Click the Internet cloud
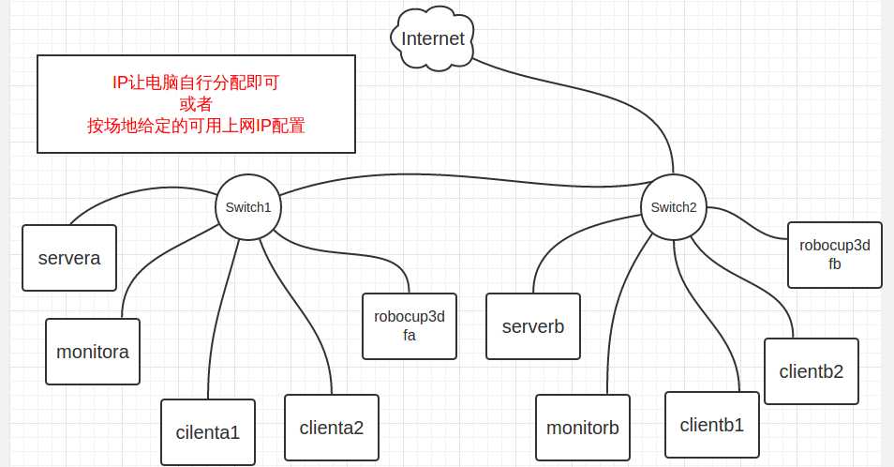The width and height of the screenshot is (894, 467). tap(433, 39)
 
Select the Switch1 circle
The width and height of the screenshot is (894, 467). tap(248, 207)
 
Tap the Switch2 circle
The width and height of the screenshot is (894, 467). tap(674, 207)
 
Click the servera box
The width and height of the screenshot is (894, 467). tap(69, 258)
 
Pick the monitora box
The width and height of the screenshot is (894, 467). tap(93, 352)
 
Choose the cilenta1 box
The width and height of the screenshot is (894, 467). tap(208, 432)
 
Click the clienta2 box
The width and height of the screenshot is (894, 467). tap(332, 428)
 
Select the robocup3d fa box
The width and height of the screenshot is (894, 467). tap(409, 326)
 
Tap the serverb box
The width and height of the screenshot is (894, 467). tap(533, 326)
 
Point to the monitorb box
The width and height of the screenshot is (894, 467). tap(583, 428)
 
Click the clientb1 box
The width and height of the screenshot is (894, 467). tap(712, 425)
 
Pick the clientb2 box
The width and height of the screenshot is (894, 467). tap(812, 370)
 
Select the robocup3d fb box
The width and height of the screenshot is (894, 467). tap(835, 255)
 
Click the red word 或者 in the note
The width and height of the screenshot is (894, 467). tap(196, 104)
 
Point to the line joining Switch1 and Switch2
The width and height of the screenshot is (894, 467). tap(459, 174)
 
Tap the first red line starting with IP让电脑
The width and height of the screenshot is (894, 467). tap(196, 83)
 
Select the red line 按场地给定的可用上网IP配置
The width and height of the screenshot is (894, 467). tap(196, 126)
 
